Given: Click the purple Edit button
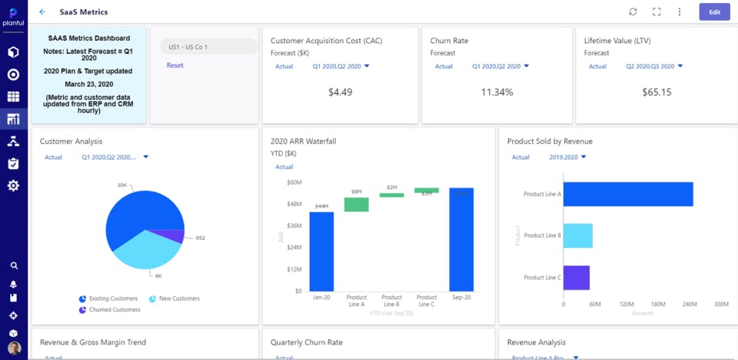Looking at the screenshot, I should tap(714, 12).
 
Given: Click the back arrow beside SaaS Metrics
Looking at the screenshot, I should tap(42, 12).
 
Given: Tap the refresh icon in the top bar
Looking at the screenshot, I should tap(633, 12).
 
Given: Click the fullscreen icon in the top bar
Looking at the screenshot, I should tap(657, 12).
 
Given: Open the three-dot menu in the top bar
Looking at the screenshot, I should tap(680, 12).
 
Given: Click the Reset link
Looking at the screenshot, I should tap(175, 65).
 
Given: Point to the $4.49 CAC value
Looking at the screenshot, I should tap(340, 92).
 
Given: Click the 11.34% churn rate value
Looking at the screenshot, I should tap(497, 92).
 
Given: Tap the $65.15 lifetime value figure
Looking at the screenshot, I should tap(657, 92).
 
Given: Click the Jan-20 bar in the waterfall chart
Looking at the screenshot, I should tap(321, 251).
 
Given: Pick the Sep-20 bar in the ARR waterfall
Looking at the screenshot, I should tap(461, 239).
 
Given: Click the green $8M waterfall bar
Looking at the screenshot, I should tap(356, 205).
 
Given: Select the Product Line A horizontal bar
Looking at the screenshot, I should tap(628, 195).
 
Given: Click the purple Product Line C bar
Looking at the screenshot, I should tap(577, 278).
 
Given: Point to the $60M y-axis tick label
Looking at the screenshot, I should tap(294, 182).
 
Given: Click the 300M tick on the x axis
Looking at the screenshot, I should tap(720, 305).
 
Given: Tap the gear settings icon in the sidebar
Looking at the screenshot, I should tap(13, 186).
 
